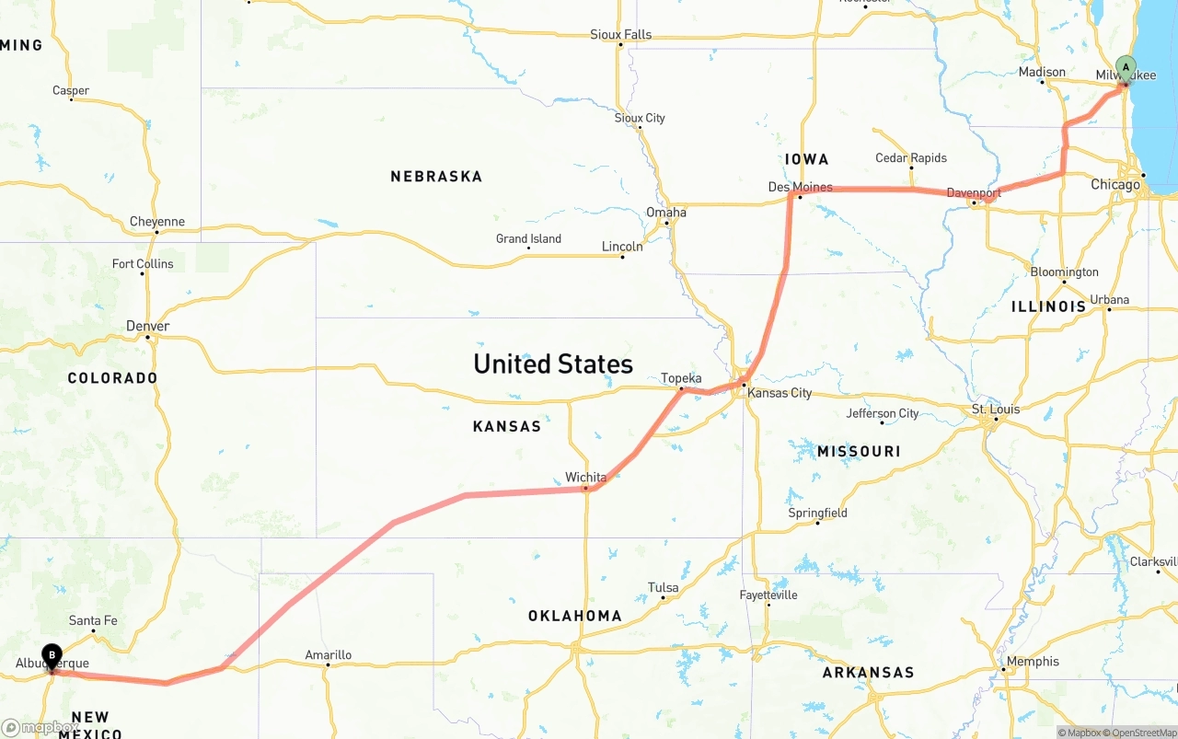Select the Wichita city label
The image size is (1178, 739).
coord(585,477)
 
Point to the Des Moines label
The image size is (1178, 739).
coord(800,187)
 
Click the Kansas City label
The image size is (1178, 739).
coord(780,393)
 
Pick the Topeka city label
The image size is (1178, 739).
coord(681,378)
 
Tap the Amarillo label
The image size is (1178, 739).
coord(328,655)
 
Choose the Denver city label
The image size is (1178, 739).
coord(147,326)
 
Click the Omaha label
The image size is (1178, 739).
coord(665,212)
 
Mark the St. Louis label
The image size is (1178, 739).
coord(992,409)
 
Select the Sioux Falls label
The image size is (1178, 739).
coord(620,35)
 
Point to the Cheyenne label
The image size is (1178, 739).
coord(156,222)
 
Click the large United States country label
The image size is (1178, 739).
coord(553,364)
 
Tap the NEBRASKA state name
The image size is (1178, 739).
coord(436,176)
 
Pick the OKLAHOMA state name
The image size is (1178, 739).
coord(574,616)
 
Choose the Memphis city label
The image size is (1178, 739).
coord(1033,661)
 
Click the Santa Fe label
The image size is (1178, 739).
coord(93,620)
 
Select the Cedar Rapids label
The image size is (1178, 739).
coord(910,157)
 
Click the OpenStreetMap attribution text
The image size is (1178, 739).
coord(1144,733)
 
